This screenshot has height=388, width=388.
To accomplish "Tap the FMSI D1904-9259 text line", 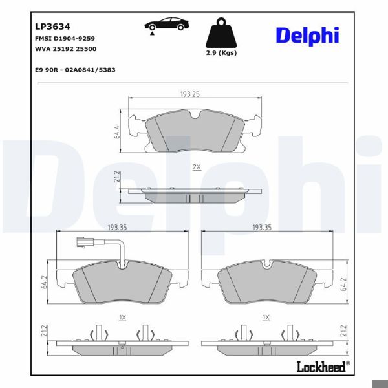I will click(x=68, y=39).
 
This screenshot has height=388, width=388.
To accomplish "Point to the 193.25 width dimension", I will click(x=189, y=94).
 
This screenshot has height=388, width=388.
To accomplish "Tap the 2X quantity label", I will click(x=196, y=167).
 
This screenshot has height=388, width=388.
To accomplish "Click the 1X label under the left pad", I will click(x=122, y=318).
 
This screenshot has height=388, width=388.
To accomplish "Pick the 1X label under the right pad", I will click(x=266, y=318).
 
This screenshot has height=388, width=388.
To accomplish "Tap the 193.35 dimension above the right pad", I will click(x=262, y=228).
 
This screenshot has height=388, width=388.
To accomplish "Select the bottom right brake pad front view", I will click(x=266, y=283).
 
